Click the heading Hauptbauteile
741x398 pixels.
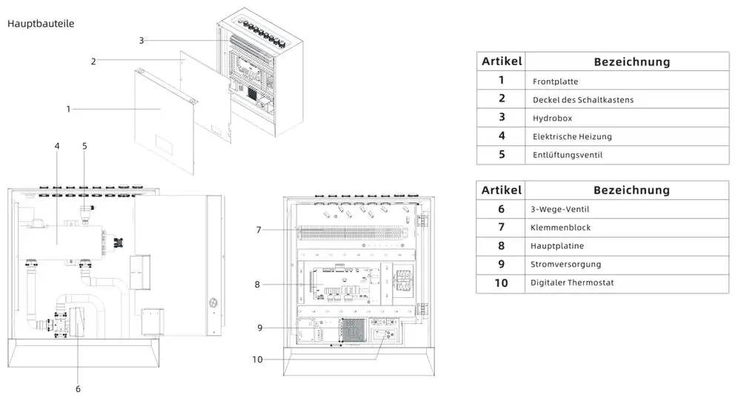tap(41, 24)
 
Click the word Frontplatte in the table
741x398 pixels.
tap(555, 82)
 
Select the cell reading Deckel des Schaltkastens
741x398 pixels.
tap(583, 100)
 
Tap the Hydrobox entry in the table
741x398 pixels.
tap(553, 118)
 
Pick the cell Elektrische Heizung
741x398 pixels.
tap(572, 136)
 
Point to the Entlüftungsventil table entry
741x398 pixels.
tap(568, 155)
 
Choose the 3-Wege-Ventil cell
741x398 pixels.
tap(559, 209)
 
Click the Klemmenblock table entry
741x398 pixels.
tap(560, 228)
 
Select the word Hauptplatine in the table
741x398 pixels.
tap(557, 246)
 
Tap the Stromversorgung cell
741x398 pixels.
tap(565, 265)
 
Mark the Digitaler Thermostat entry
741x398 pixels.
tap(572, 282)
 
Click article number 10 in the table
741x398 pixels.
tap(501, 283)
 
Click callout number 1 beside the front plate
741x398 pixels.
tap(68, 109)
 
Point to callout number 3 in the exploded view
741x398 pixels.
tap(142, 41)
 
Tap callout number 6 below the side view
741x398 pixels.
tap(78, 389)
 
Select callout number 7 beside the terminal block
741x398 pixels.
tap(259, 230)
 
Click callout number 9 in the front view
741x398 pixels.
tap(260, 328)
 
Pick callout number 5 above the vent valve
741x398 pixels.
tap(84, 146)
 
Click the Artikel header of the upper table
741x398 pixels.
tap(502, 62)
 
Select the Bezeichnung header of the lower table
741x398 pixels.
tap(632, 190)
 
